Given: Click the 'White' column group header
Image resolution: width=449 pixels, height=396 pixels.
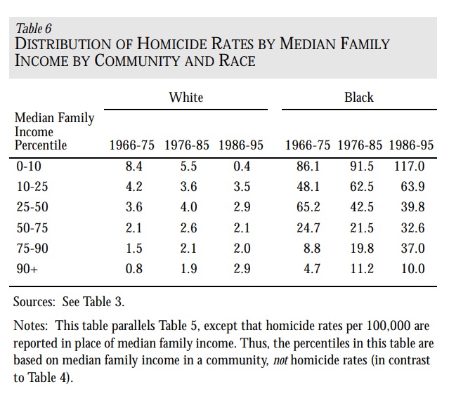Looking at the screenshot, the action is [186, 98].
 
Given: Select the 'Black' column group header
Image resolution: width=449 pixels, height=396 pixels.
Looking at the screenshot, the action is [359, 98].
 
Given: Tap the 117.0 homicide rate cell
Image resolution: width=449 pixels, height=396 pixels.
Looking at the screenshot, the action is [409, 166].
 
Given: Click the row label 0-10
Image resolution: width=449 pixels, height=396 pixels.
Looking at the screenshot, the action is [29, 166].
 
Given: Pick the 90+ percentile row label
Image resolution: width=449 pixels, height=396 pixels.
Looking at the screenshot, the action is [27, 269].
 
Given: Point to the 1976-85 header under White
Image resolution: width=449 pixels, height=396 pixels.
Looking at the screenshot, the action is [187, 145].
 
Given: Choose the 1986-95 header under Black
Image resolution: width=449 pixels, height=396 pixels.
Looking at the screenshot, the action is [411, 145].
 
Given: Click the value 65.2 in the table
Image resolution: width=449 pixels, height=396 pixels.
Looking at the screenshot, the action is [308, 207].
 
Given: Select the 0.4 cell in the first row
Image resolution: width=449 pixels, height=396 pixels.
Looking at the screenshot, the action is [242, 166].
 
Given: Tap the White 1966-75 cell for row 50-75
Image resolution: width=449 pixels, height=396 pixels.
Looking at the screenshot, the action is [134, 228].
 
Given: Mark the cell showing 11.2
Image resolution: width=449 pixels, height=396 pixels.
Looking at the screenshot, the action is [362, 269].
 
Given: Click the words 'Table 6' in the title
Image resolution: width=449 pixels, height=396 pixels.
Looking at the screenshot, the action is [34, 29].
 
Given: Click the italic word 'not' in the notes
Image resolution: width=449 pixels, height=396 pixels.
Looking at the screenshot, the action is [280, 360].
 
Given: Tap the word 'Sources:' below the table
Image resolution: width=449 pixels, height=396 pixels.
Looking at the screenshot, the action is [34, 302].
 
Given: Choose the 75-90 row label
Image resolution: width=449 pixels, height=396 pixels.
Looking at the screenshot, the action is [32, 248].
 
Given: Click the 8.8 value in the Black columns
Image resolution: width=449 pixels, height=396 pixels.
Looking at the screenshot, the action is [312, 248].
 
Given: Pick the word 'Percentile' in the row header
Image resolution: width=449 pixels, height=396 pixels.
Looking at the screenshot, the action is [41, 145].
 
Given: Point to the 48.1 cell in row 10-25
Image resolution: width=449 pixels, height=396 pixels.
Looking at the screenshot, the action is [308, 187].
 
